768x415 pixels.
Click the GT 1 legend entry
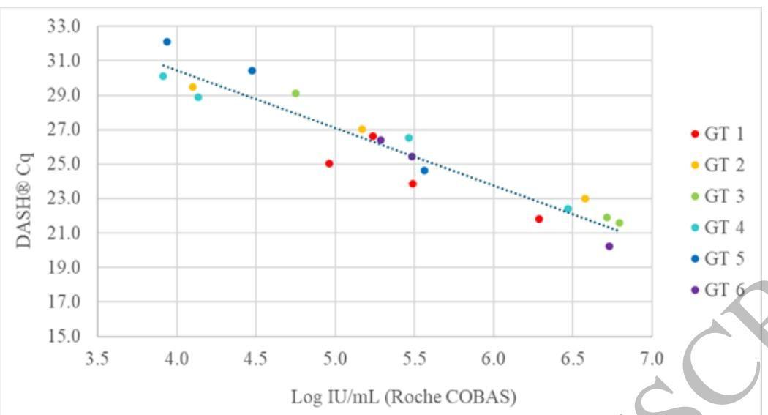[x=718, y=133]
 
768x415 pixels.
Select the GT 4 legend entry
[x=718, y=228]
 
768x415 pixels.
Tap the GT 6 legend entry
[x=718, y=291]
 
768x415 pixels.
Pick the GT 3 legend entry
[x=718, y=196]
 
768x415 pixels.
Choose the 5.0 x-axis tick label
[x=335, y=360]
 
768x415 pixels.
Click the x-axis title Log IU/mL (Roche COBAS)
[x=404, y=397]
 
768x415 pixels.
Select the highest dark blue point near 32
[x=167, y=42]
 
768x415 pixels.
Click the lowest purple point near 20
[x=609, y=246]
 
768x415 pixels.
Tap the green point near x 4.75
[x=295, y=93]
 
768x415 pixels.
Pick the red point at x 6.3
[x=539, y=219]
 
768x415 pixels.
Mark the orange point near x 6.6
[x=585, y=198]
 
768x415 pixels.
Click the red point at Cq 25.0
[x=329, y=163]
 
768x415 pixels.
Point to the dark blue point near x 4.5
[x=252, y=70]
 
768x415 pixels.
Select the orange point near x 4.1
[x=193, y=86]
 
